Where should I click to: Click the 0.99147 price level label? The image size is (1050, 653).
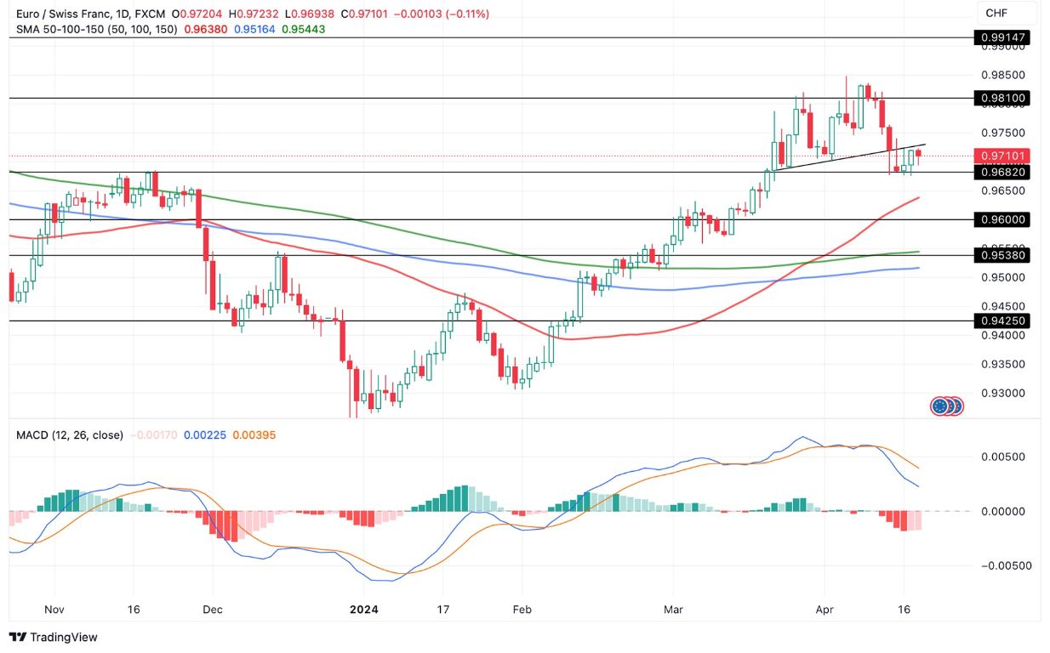[1004, 37]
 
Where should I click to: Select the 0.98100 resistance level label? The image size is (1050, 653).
[1004, 98]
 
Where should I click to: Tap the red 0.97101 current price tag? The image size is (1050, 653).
[1004, 156]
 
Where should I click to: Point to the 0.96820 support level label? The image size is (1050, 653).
[1004, 172]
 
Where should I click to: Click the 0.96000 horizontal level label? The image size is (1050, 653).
[1004, 219]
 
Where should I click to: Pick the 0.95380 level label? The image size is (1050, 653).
[1004, 254]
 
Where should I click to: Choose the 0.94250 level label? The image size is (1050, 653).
[1004, 321]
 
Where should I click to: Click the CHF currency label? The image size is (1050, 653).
[997, 13]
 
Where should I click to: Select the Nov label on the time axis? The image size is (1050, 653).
[54, 610]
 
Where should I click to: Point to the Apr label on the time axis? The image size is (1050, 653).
[823, 610]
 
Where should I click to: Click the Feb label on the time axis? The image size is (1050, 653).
[522, 610]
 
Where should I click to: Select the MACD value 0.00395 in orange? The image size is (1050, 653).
[254, 434]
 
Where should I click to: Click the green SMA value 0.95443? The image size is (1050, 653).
[303, 29]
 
